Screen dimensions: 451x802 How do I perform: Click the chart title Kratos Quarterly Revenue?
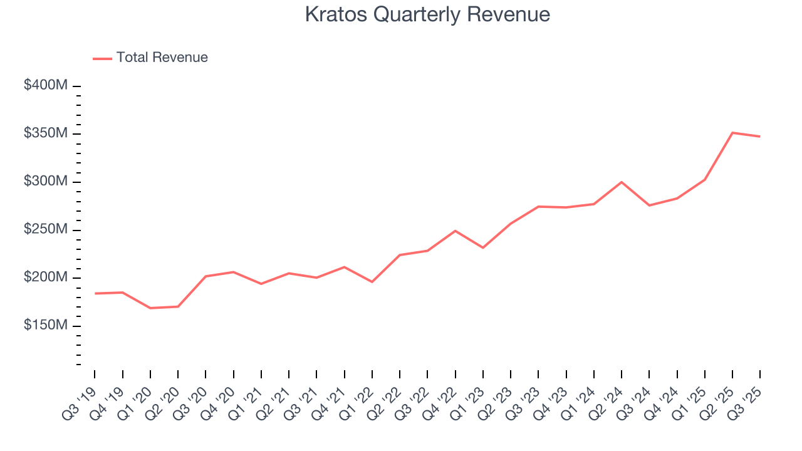[427, 14]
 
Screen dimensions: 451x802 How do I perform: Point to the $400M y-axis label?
[45, 85]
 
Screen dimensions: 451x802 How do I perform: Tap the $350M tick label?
[45, 133]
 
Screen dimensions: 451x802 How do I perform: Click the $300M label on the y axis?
[45, 182]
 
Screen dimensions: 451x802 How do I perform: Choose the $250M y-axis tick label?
[45, 230]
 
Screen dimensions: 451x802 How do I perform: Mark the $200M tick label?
[45, 277]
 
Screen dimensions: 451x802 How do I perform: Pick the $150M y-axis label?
[45, 326]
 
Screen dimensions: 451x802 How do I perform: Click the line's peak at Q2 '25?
[732, 133]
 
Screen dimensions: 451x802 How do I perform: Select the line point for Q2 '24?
[622, 182]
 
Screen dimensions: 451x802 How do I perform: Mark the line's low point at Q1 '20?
[150, 308]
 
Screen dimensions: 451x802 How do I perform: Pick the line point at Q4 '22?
[456, 231]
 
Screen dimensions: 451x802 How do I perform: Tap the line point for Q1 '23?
[483, 248]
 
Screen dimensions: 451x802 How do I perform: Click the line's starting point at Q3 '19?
[95, 293]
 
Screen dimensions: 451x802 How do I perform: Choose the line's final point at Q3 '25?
[760, 137]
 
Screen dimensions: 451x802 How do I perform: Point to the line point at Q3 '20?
[206, 276]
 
